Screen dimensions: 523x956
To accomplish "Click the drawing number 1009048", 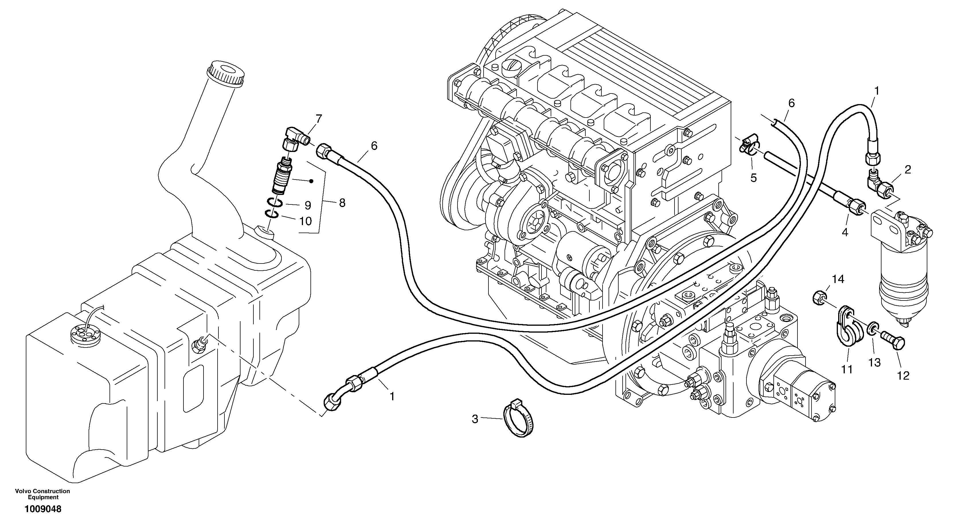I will (43, 509).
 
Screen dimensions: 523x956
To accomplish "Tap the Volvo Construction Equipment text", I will (42, 494).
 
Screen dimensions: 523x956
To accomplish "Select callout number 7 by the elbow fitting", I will (318, 119).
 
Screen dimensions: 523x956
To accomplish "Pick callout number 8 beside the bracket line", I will (342, 203).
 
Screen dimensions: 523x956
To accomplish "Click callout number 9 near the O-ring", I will (308, 205).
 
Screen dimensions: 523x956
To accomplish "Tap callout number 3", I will (475, 419).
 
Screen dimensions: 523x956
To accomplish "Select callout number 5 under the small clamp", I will (753, 178).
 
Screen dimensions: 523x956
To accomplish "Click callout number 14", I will (838, 279).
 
